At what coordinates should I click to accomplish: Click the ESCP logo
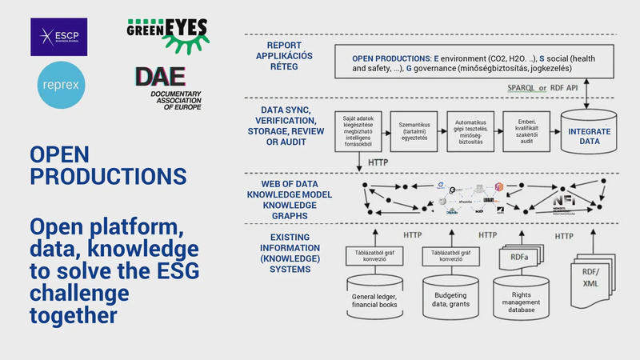tap(58, 37)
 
